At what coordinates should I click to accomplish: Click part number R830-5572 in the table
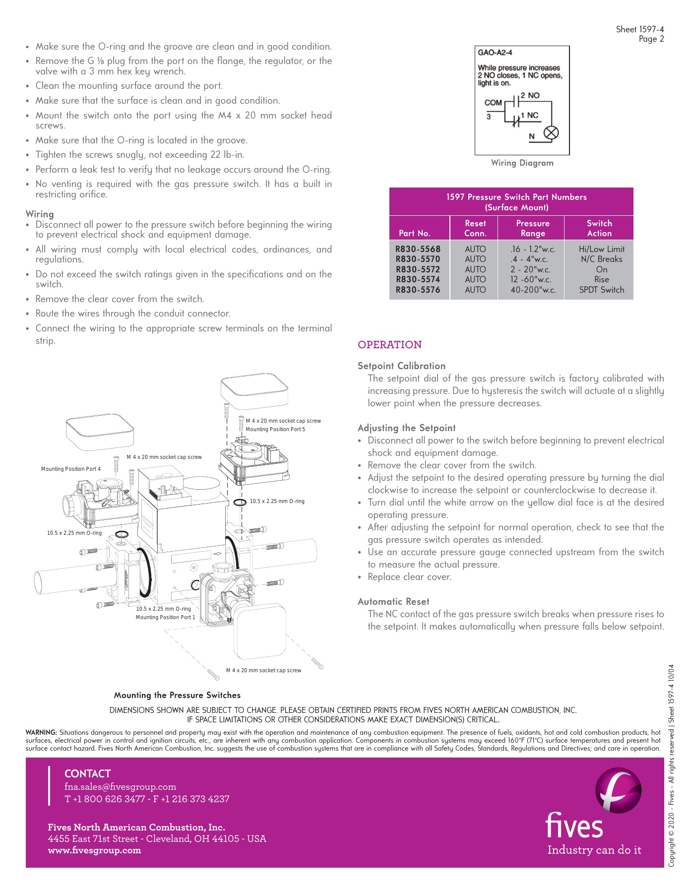(x=418, y=269)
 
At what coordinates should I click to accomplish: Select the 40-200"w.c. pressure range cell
(x=533, y=290)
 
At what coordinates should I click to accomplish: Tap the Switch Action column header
(x=599, y=228)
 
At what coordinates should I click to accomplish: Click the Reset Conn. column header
(x=475, y=228)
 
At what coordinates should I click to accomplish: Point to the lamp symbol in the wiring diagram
(x=552, y=133)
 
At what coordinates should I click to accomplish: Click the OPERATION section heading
(x=389, y=345)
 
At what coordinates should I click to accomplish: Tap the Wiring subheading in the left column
(x=40, y=214)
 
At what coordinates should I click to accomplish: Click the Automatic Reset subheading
(x=393, y=601)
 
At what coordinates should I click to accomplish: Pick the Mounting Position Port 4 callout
(x=70, y=469)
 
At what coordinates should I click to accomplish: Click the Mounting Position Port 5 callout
(x=275, y=429)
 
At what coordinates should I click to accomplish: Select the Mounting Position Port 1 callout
(x=165, y=617)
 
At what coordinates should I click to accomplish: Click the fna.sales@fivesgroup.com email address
(x=120, y=787)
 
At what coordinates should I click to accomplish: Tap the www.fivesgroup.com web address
(x=94, y=850)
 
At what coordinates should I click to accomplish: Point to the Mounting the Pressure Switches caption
(x=177, y=695)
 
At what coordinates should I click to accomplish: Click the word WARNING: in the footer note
(x=41, y=732)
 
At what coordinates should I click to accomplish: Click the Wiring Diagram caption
(x=522, y=163)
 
